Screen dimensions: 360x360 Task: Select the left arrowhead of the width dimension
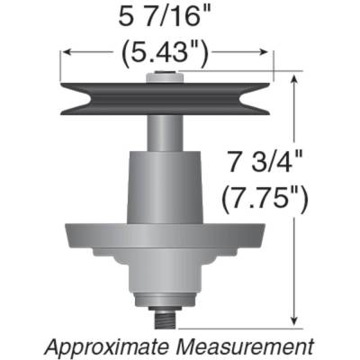coord(64,54)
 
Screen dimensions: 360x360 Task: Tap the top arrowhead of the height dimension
coord(295,78)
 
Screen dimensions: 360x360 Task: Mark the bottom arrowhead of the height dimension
coord(295,322)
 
